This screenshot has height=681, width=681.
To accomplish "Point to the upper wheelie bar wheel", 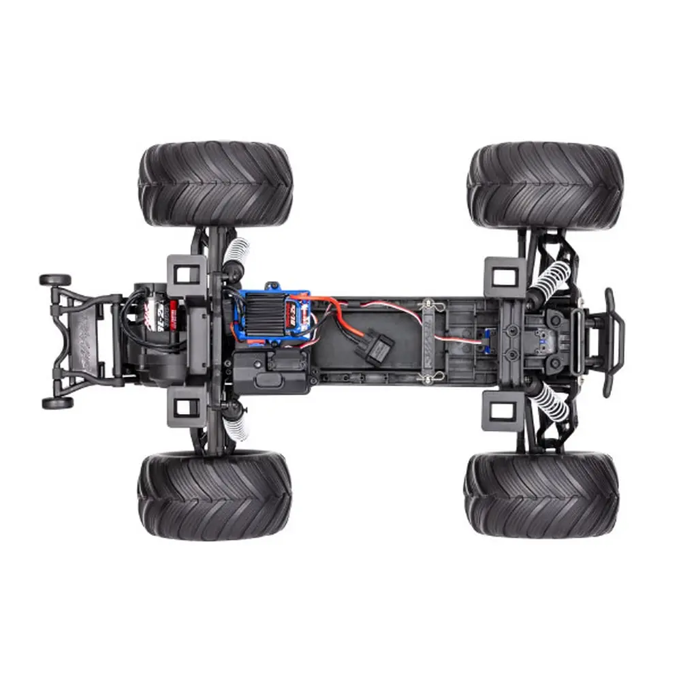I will (x=55, y=280).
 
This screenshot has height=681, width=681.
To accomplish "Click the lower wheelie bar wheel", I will (x=57, y=403).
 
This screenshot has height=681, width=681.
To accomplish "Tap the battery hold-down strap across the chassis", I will (x=427, y=340).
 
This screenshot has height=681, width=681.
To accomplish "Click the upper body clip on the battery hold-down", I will (x=428, y=304).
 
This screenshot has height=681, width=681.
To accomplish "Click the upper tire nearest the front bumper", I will (x=545, y=185).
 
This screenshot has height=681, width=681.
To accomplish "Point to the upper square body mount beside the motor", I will (x=186, y=273).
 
